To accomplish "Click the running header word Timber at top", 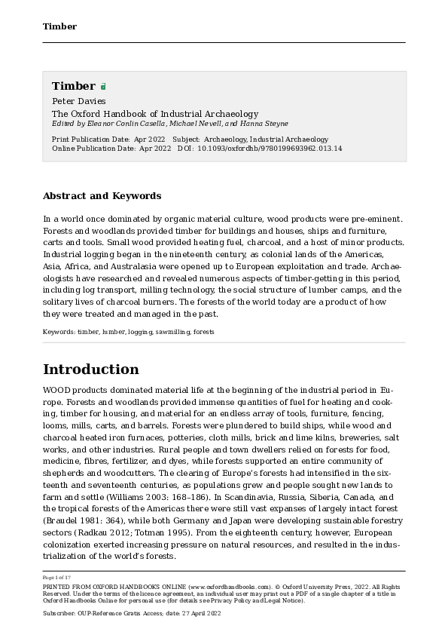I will (59, 26).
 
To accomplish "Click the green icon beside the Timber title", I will (103, 87).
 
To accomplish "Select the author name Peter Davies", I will (78, 101).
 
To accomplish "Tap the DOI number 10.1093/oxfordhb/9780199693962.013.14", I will (270, 149).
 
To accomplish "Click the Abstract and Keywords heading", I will (102, 196).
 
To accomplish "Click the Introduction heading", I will (90, 370).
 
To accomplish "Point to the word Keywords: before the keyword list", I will (59, 331).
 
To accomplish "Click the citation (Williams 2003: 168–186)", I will (190, 498).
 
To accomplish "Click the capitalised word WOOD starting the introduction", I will (57, 390).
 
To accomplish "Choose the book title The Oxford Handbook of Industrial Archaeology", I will (154, 114).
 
